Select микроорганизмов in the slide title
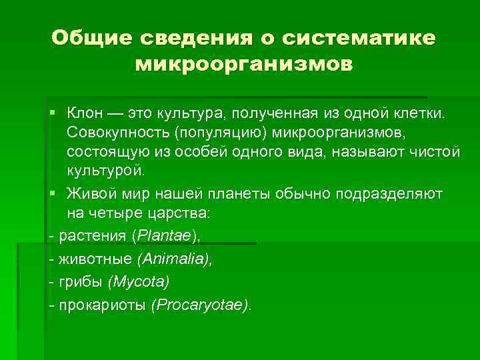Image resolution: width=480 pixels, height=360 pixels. coord(244,65)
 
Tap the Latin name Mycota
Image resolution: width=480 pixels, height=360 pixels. coord(139,281)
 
